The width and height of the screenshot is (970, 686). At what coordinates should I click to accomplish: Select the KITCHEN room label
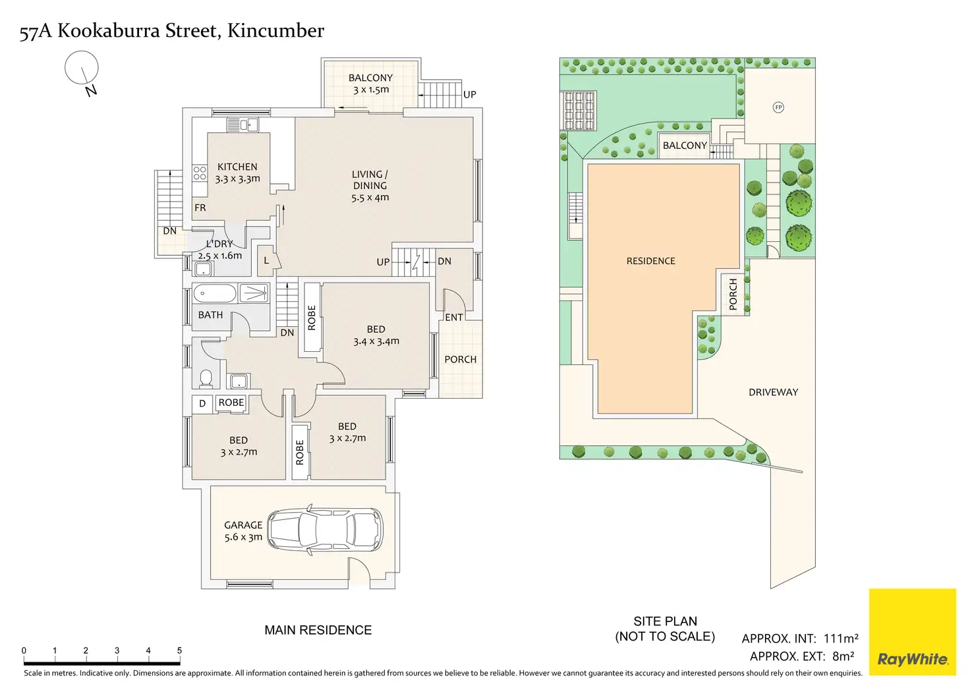(237, 167)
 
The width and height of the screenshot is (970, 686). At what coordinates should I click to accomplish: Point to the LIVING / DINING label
(370, 185)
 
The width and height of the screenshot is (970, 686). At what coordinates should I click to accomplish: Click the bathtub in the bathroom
(215, 293)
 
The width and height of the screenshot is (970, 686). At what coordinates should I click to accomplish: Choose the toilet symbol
(206, 378)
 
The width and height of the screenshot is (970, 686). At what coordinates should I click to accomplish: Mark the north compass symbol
(82, 71)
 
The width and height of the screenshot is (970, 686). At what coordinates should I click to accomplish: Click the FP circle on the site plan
(778, 107)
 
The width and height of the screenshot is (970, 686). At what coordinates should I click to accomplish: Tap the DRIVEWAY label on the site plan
(773, 392)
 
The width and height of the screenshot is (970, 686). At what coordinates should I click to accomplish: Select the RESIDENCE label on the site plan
(650, 261)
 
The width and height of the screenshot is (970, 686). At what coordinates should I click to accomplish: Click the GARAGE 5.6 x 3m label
(243, 531)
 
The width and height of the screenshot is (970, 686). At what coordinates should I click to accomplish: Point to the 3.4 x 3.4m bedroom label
(376, 335)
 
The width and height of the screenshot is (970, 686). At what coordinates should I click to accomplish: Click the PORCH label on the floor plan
(460, 359)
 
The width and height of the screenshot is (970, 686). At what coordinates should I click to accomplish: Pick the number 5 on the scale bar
(179, 650)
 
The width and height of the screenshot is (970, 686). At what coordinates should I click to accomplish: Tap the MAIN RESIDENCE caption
(318, 630)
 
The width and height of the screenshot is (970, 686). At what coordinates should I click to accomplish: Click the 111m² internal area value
(841, 638)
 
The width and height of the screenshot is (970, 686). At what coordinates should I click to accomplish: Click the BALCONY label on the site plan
(685, 146)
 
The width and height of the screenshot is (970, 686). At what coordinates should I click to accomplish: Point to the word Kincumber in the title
(275, 31)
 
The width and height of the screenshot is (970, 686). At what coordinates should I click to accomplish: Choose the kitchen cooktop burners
(200, 173)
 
